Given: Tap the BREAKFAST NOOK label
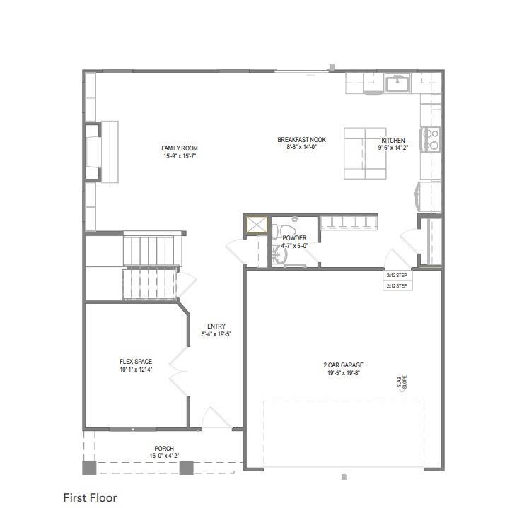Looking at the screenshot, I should click(x=301, y=140).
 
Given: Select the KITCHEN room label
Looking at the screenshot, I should click(x=393, y=141).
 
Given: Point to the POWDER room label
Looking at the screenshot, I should click(x=294, y=238).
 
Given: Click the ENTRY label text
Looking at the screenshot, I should click(x=216, y=326).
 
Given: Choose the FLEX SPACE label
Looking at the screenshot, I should click(x=136, y=362).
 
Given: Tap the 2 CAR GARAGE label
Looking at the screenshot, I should click(x=343, y=365).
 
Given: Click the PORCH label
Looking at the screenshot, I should click(x=164, y=449).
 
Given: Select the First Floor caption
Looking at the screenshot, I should click(x=90, y=497).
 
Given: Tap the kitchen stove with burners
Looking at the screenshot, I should click(x=430, y=139).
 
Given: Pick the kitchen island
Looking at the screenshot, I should click(x=365, y=153).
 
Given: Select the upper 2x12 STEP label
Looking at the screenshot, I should click(x=396, y=275).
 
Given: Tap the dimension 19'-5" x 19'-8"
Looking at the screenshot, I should click(x=343, y=373).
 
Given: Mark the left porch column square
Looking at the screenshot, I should click(x=89, y=467).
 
